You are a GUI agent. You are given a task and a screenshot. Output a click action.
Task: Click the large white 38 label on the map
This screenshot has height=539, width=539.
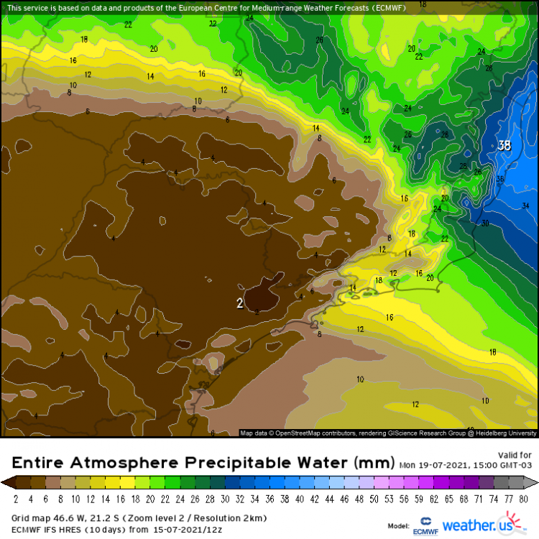tap(505, 146)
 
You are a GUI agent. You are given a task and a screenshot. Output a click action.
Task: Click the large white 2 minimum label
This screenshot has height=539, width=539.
tap(240, 303)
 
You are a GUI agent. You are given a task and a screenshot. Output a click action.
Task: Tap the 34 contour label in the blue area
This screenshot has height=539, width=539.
tap(525, 206)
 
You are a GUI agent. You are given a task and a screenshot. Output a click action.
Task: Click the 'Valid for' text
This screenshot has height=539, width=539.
tap(515, 455)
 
